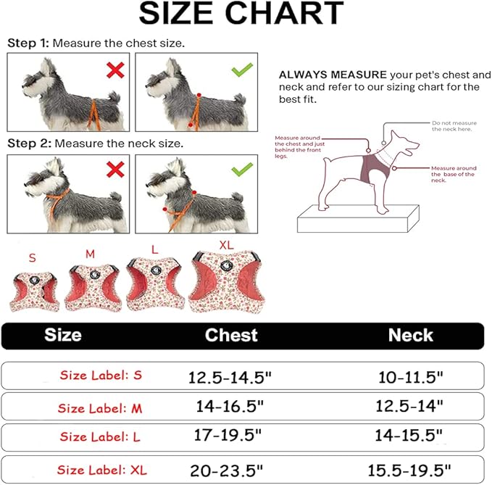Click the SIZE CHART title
point(241,14)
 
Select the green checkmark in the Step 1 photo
point(242,71)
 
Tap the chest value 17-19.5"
point(228,436)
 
